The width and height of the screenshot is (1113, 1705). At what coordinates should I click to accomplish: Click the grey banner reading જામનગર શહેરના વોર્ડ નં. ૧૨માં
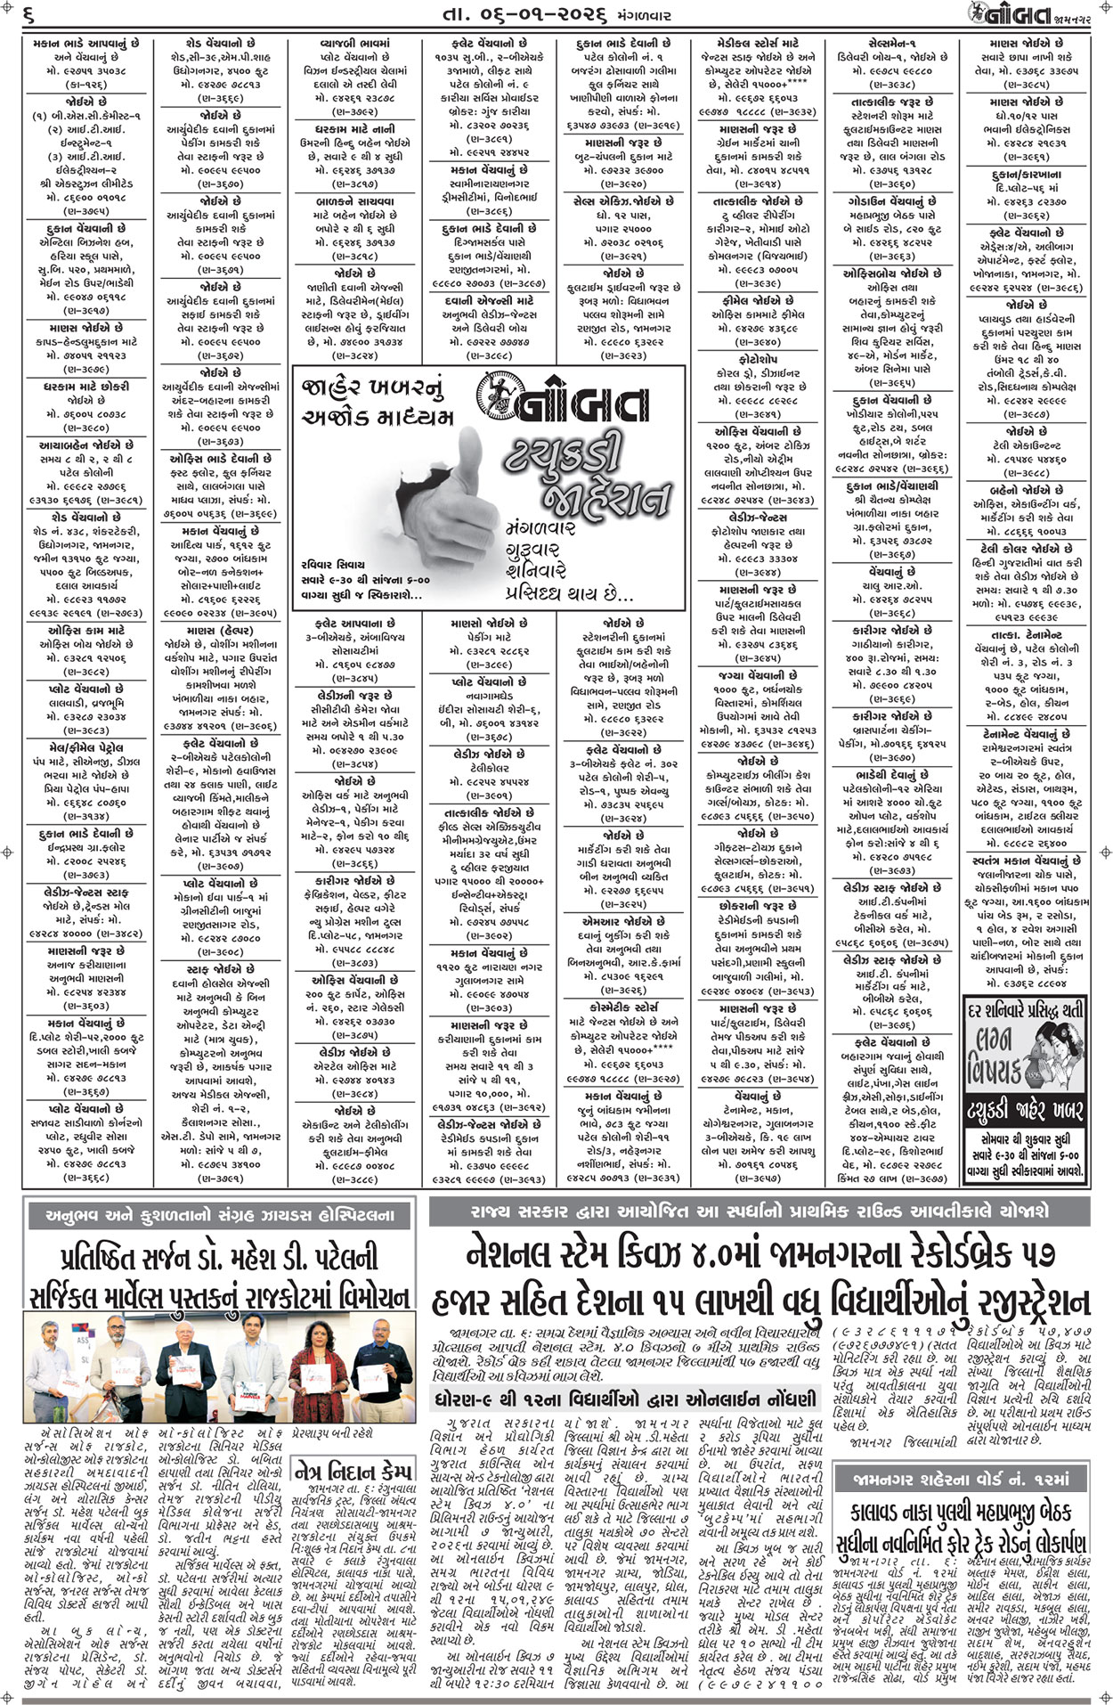pos(965,1480)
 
